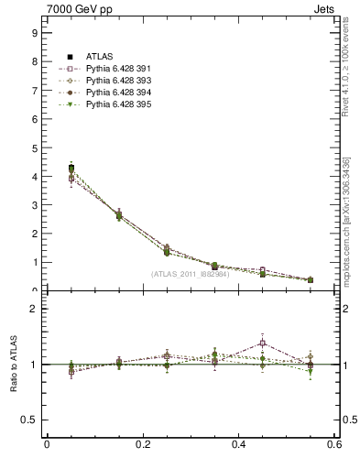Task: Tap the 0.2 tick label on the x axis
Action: [142, 444]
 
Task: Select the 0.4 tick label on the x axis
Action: [238, 444]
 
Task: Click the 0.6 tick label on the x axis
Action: [334, 444]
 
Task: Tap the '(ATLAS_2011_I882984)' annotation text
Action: [191, 274]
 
